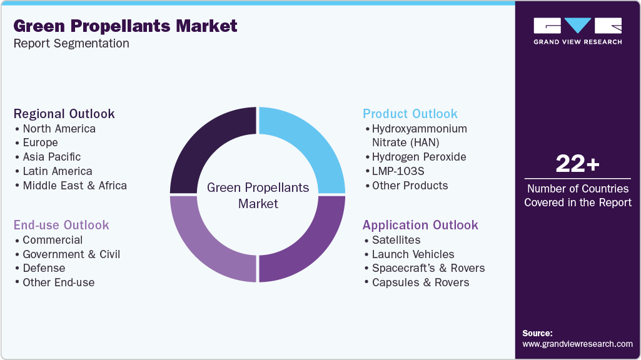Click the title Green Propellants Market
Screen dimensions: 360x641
[x=125, y=26]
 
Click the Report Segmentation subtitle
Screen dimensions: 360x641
[x=71, y=44]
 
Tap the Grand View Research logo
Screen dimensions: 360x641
[x=577, y=31]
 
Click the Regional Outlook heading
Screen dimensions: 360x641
[x=64, y=114]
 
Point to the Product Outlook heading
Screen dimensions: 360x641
[x=410, y=114]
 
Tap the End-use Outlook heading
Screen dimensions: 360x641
[x=61, y=225]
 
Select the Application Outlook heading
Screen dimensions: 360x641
[x=420, y=225]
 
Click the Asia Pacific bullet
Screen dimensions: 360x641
[x=51, y=157]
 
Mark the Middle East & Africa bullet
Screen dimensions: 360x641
[x=74, y=186]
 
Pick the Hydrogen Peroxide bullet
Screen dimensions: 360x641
[x=419, y=157]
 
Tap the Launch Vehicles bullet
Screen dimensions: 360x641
[x=413, y=254]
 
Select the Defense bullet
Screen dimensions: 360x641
[x=44, y=268]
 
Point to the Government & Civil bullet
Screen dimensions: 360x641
[x=71, y=254]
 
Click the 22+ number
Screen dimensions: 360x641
[x=577, y=164]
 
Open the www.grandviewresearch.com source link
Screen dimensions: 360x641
[x=577, y=344]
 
